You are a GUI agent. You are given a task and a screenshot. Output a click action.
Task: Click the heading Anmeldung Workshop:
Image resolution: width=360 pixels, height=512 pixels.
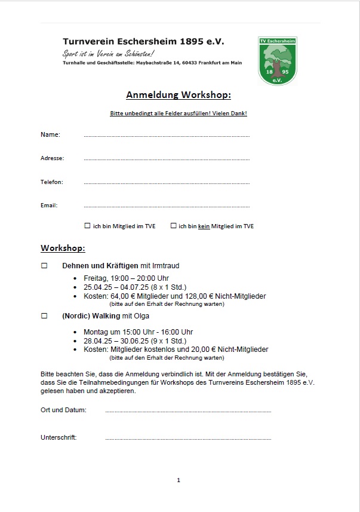(x=179, y=95)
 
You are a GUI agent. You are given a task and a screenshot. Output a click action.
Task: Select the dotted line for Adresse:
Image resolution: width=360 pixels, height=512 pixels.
(x=167, y=160)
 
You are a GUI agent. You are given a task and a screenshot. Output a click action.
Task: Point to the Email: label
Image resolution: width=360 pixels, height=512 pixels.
(x=49, y=206)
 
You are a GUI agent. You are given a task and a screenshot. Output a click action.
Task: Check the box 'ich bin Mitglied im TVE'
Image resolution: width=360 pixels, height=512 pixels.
(x=88, y=226)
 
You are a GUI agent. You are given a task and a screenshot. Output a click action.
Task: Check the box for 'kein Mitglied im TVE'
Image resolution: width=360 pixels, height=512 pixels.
(x=174, y=226)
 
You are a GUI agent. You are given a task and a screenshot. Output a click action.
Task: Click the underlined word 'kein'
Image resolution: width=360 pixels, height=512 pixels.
(x=204, y=226)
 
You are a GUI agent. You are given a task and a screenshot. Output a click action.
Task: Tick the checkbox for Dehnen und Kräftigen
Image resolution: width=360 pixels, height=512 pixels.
(x=44, y=266)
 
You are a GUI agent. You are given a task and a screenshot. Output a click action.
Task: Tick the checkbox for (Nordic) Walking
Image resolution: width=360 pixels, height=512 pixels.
(x=44, y=315)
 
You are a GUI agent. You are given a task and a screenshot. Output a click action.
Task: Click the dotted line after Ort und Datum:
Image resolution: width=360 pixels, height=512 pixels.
(x=188, y=411)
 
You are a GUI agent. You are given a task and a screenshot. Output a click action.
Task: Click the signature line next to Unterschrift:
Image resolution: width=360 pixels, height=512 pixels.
(x=188, y=439)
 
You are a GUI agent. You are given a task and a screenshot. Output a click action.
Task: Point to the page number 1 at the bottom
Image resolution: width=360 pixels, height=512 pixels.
(x=179, y=480)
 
